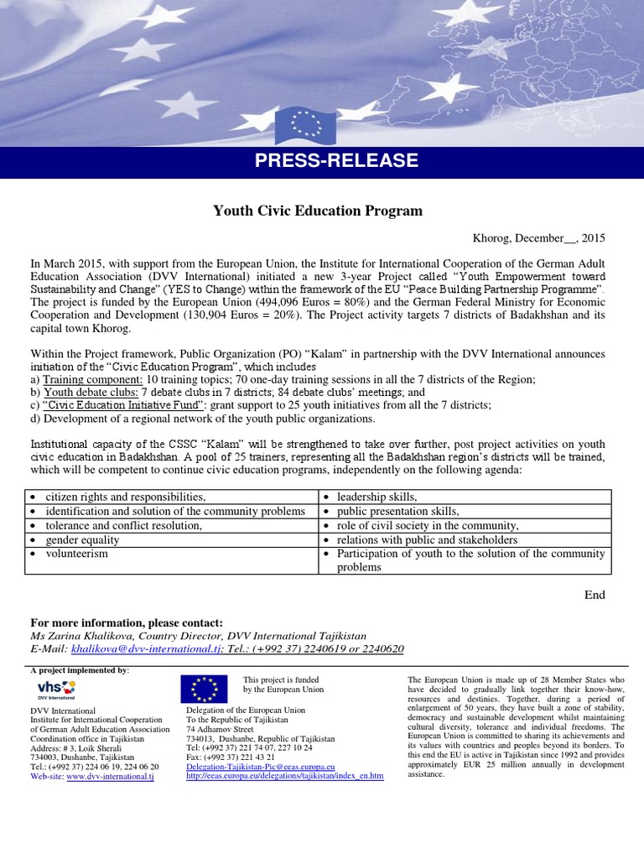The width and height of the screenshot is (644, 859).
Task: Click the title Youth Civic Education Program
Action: click(x=318, y=211)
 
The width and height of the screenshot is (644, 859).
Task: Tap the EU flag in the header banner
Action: click(x=304, y=125)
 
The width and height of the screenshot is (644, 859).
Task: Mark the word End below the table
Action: click(x=595, y=595)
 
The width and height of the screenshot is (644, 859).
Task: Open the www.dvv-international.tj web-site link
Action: click(x=110, y=777)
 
